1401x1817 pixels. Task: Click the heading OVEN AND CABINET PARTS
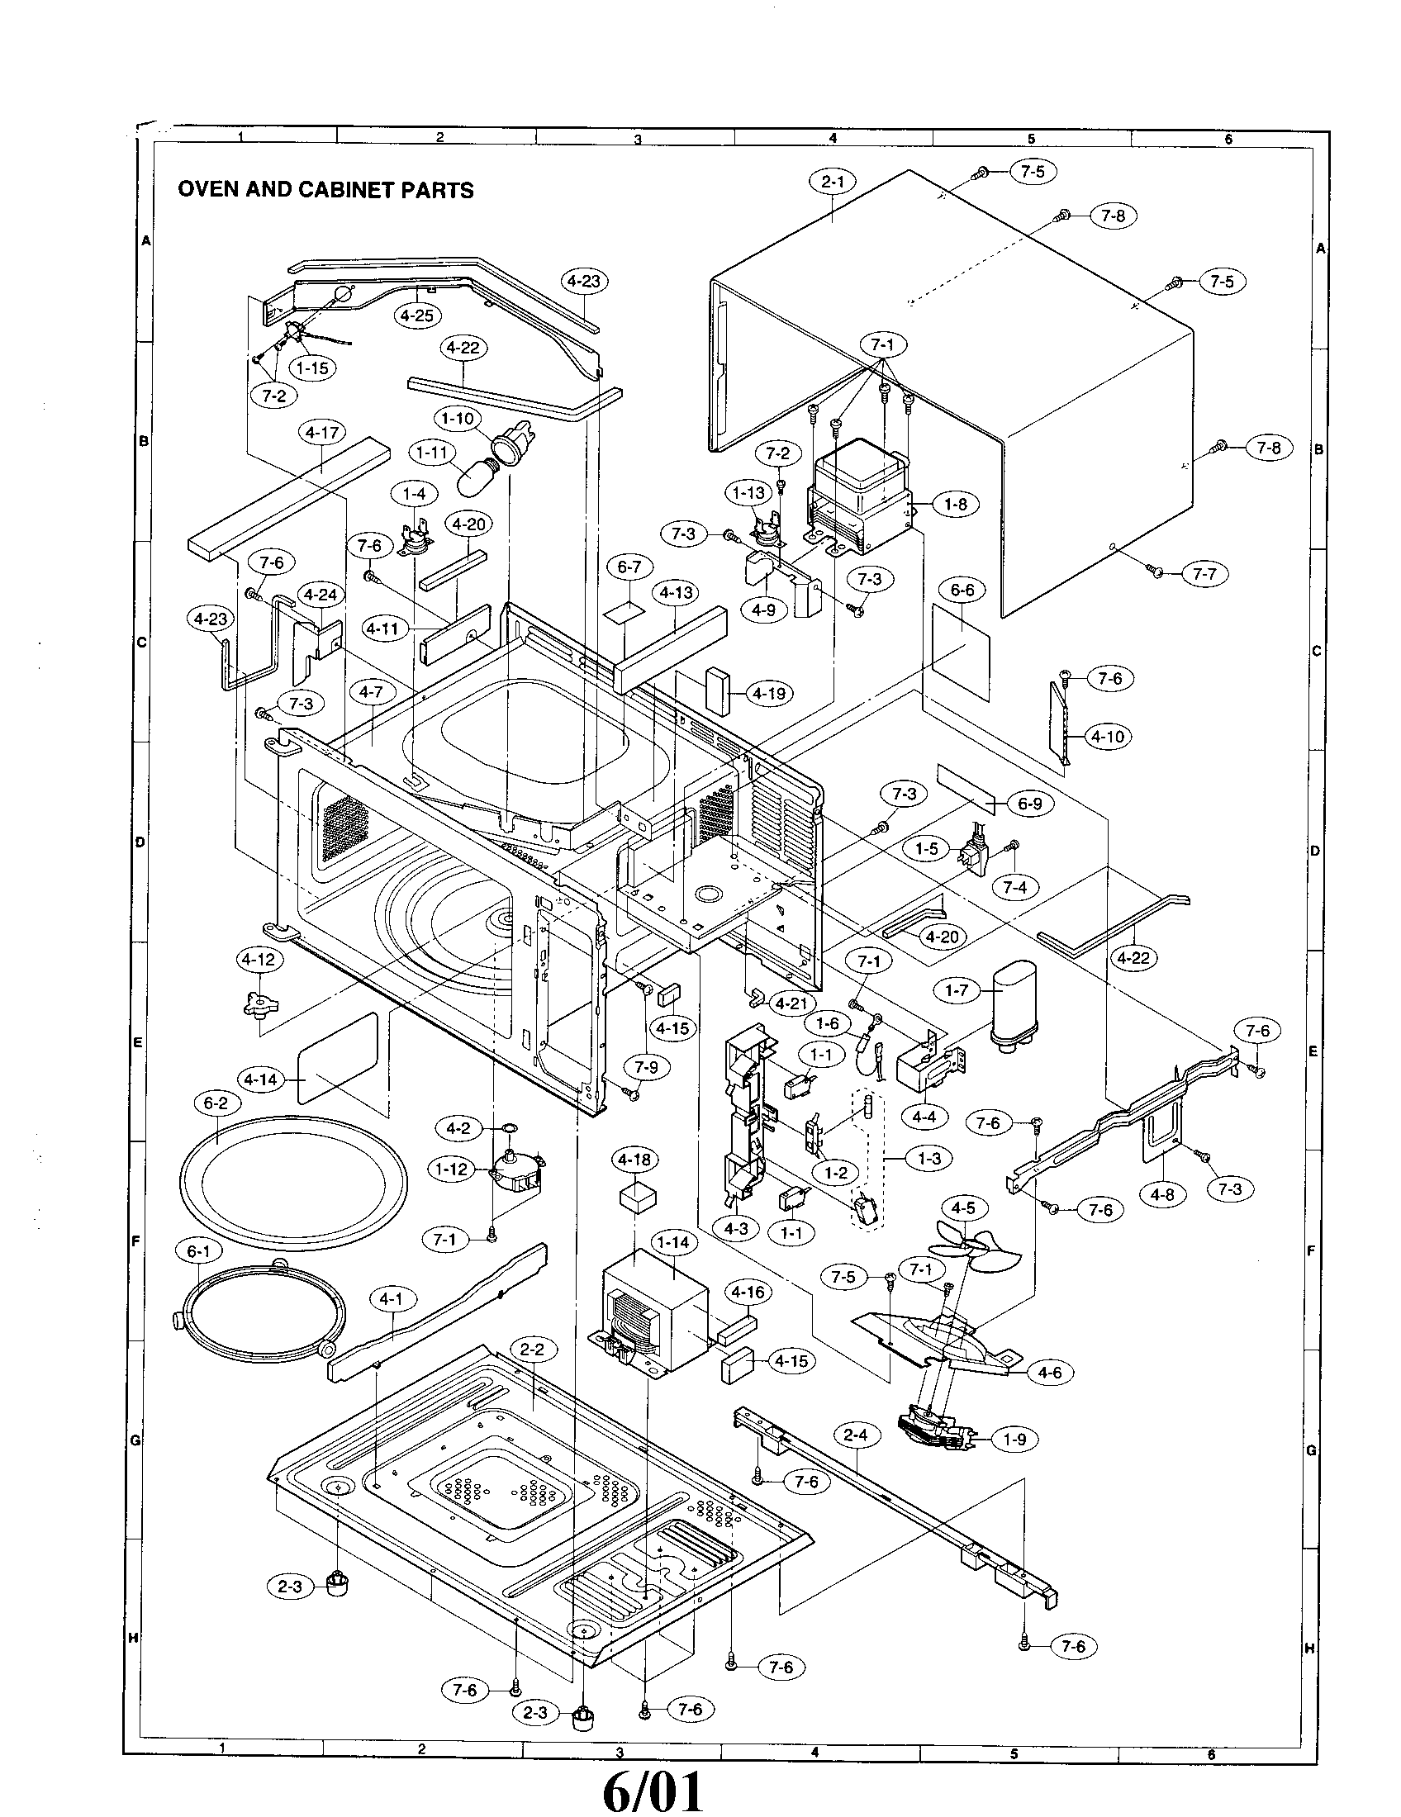[x=325, y=190]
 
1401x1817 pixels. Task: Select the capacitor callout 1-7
[x=957, y=991]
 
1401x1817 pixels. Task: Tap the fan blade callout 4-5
[x=963, y=1207]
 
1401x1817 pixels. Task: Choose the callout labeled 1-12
[x=452, y=1169]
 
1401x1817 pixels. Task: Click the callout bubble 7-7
[x=1204, y=574]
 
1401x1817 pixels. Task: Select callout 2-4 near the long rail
[x=855, y=1435]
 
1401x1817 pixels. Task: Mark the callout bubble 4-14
[x=261, y=1080]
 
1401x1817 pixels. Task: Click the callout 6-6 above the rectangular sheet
[x=962, y=590]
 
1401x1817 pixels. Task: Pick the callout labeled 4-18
[x=634, y=1160]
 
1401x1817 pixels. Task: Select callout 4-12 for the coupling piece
[x=259, y=959]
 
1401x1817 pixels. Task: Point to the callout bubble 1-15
[x=313, y=368]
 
